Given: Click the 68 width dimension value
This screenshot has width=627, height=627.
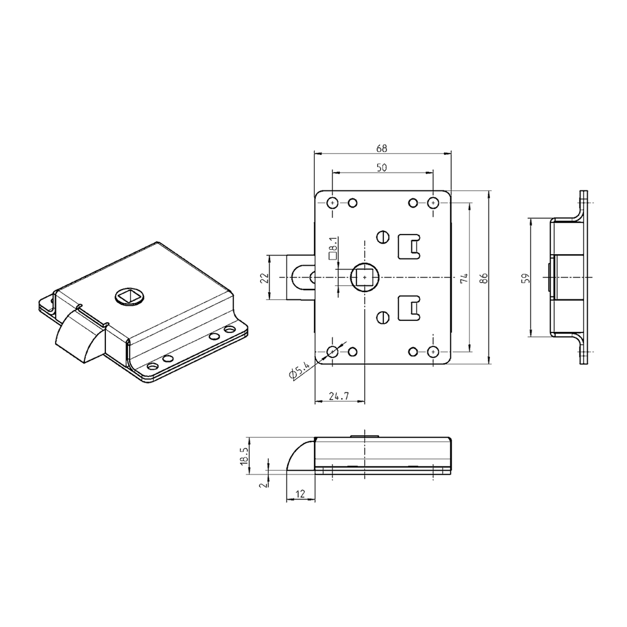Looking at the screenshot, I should pos(381,148).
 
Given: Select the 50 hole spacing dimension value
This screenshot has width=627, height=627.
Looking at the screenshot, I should pos(381,168).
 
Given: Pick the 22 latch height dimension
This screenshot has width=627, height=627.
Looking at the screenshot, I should pos(264,277).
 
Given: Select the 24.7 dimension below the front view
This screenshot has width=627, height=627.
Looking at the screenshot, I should pos(339,396).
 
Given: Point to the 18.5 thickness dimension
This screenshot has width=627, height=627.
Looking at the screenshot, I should pos(244,456).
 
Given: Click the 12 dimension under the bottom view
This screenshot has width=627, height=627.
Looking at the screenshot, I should pos(301,494).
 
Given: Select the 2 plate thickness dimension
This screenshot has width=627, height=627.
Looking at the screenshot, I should pos(263,483).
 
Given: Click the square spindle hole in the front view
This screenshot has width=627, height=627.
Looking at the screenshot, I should pos(365,278).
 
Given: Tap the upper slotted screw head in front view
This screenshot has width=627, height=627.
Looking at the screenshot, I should pos(384,237).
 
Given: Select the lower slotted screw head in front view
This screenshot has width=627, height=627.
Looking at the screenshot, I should pos(384,317).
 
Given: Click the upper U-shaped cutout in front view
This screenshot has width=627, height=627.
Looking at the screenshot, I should pos(409,246).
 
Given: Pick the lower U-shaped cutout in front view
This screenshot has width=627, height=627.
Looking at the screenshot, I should pos(409,307).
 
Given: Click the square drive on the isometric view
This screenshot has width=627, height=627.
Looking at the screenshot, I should pos(129,298).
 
